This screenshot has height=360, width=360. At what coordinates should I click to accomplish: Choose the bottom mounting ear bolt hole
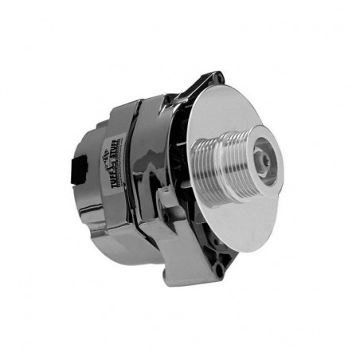point(215,269)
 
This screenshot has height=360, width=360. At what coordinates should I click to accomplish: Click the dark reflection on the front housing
point(159,159)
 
